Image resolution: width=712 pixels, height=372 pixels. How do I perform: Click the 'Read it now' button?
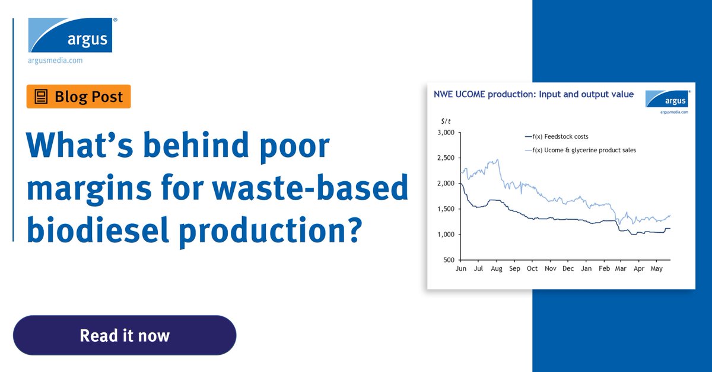click(x=125, y=336)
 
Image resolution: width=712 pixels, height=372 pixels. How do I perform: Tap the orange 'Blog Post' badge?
click(x=78, y=97)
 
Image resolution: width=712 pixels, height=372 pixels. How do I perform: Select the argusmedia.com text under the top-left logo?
click(x=55, y=60)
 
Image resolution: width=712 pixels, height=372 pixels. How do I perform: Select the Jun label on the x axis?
click(x=460, y=268)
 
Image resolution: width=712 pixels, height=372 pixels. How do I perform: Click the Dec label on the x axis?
click(x=568, y=268)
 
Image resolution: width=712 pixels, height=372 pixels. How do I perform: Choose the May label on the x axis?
click(x=657, y=268)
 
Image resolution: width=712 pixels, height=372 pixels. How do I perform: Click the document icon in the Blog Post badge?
click(x=41, y=97)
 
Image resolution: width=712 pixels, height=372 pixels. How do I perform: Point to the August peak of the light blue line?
click(x=497, y=159)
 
